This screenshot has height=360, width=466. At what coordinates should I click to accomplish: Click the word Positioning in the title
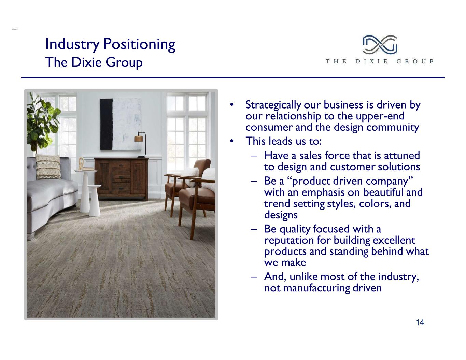(139, 44)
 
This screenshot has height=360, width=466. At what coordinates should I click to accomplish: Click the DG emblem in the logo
(380, 45)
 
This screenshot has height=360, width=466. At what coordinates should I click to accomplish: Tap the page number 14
(420, 322)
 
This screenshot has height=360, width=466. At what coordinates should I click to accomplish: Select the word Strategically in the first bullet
(273, 105)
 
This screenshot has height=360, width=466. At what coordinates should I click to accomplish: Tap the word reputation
(289, 241)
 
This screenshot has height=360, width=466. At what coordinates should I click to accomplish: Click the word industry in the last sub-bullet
(398, 277)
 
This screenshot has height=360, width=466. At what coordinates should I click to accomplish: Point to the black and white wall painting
(121, 124)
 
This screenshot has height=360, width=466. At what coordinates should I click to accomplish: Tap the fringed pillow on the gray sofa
(48, 167)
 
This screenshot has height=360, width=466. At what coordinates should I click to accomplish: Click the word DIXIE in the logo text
(371, 61)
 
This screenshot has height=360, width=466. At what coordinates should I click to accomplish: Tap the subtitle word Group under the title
(124, 62)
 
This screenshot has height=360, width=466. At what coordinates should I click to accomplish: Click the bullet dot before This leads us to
(231, 141)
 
